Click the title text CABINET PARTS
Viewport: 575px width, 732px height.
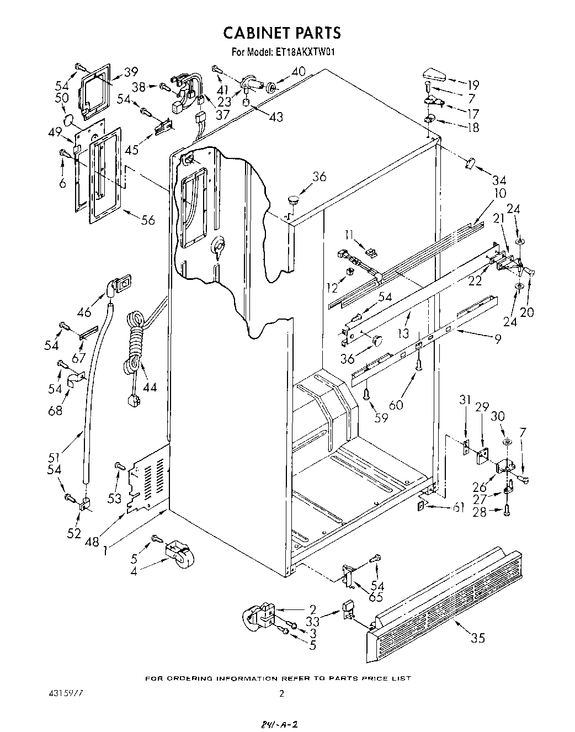282,33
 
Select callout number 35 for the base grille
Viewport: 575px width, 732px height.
478,638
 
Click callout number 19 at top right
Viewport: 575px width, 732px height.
473,85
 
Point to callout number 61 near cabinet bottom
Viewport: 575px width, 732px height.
457,507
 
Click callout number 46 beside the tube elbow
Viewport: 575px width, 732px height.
84,312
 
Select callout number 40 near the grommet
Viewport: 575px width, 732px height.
298,71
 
